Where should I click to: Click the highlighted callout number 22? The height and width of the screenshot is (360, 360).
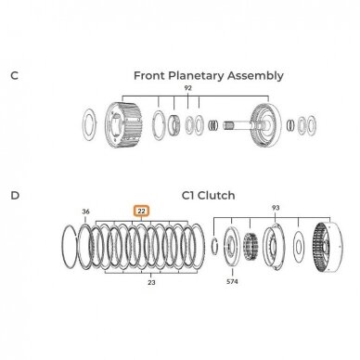141,212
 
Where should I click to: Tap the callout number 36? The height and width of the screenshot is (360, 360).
85,212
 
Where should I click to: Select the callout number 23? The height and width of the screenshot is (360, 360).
151,282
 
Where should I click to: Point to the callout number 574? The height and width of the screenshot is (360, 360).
232,282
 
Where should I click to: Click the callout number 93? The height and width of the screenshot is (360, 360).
276,208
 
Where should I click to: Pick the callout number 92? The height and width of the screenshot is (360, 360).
187,88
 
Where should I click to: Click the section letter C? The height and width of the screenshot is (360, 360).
14,75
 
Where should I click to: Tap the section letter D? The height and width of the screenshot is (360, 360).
15,196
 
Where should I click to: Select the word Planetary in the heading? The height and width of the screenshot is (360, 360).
197,76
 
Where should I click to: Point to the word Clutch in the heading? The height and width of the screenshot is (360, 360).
216,196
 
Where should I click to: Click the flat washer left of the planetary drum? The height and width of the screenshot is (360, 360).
90,124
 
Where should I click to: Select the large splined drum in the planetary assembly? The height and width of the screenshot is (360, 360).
123,125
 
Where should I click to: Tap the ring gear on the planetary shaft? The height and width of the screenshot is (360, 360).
266,124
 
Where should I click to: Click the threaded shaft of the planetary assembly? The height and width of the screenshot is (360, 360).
238,124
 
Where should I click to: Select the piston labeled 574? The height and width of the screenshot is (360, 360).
232,247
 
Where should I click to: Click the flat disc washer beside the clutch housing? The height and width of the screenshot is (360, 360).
298,247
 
